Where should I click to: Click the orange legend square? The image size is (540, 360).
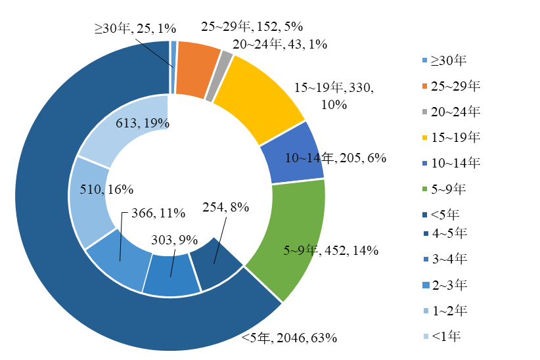(425, 86)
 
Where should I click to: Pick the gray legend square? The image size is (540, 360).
(425, 112)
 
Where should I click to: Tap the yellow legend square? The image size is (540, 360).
(425, 137)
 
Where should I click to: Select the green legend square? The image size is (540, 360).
(425, 189)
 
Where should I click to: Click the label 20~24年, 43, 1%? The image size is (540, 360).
(280, 44)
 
